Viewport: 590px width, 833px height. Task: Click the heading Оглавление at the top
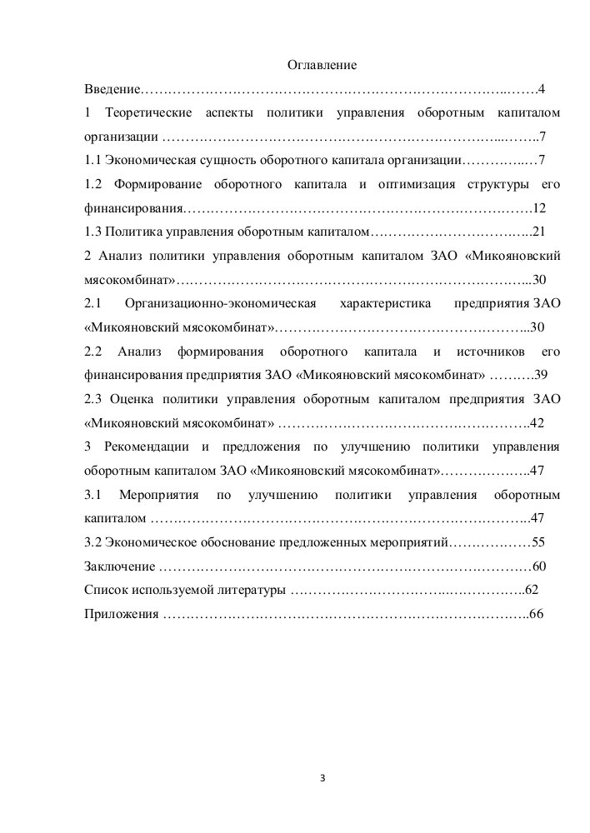[x=322, y=65]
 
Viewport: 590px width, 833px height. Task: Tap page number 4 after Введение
[x=541, y=88]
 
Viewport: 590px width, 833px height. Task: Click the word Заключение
[x=118, y=566]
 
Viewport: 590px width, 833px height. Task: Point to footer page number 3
[x=322, y=780]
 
